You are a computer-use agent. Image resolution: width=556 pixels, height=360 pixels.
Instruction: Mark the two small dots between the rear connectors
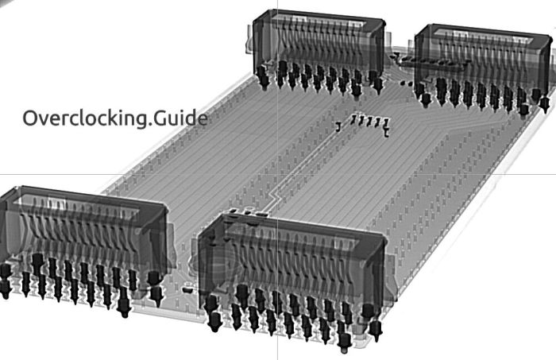pos(406,83)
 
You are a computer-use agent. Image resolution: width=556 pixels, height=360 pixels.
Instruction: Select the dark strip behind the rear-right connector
pos(420,60)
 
